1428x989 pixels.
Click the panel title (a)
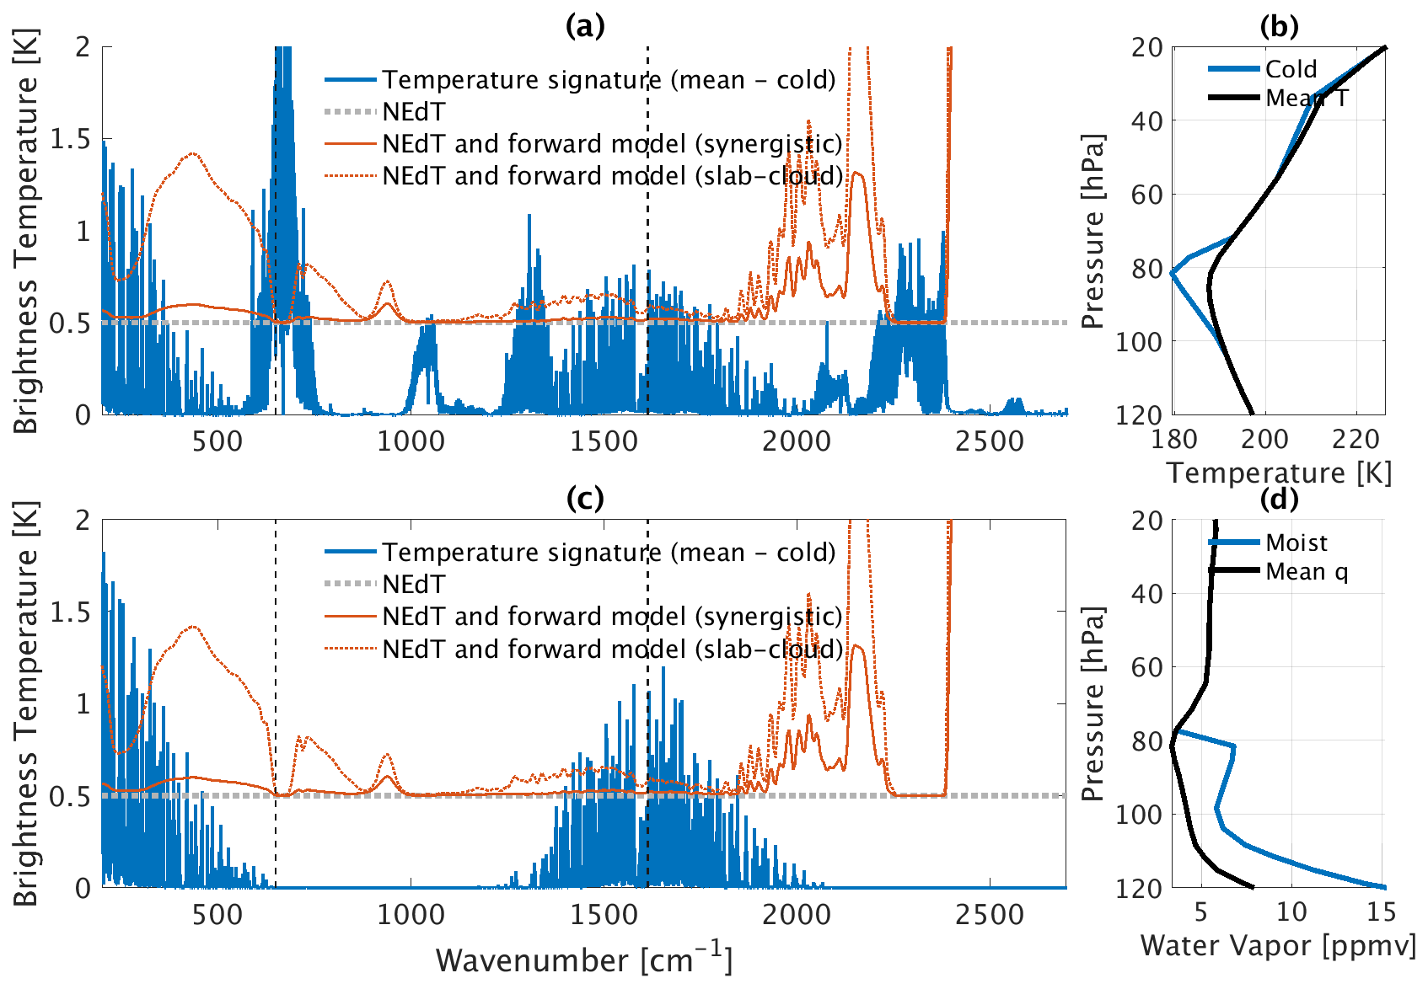click(x=585, y=27)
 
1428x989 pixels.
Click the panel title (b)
click(x=1279, y=27)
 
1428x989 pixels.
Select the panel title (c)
click(x=585, y=499)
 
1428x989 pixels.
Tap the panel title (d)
click(x=1279, y=499)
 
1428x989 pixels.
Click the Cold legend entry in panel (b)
click(x=1291, y=69)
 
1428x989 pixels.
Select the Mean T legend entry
click(x=1307, y=98)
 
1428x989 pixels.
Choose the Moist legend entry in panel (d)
click(x=1296, y=543)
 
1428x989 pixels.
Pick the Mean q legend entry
click(x=1307, y=571)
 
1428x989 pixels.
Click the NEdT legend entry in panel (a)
click(x=413, y=111)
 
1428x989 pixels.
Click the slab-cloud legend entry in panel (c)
click(x=612, y=649)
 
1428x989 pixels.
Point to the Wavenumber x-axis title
click(x=584, y=960)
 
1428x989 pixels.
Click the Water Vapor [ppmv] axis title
click(x=1278, y=945)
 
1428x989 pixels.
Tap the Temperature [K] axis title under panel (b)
click(x=1279, y=473)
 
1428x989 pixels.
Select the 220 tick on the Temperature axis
click(x=1356, y=439)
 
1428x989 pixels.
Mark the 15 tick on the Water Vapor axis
click(x=1380, y=911)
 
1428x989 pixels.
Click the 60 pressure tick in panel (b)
click(x=1146, y=195)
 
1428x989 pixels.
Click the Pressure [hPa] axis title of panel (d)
click(x=1092, y=703)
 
